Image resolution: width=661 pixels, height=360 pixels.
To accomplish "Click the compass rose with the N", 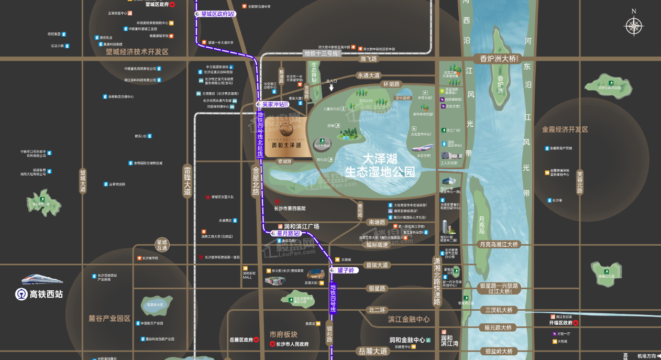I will tap(634, 26).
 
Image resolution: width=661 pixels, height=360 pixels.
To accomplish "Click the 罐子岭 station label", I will tap(345, 270).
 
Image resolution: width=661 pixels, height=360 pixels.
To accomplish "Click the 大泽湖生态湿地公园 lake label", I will tap(380, 165).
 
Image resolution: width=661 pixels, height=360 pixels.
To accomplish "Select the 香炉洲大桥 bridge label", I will tap(495, 59).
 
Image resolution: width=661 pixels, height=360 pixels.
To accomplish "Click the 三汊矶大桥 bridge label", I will tap(499, 310).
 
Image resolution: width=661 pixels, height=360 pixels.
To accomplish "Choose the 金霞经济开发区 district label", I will tap(565, 129).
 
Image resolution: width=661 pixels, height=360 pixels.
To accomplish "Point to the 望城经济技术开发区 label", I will tap(137, 52).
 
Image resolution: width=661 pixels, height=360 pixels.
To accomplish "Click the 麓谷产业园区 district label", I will tap(109, 318).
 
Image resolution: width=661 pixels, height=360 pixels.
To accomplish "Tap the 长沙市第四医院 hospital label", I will tap(290, 209).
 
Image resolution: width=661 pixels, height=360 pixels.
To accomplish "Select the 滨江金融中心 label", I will tap(409, 319).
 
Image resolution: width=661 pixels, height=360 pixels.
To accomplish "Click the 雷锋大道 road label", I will tap(188, 181).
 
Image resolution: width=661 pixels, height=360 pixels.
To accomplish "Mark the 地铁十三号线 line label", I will tap(322, 53).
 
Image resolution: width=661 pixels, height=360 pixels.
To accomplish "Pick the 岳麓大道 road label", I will tap(373, 351).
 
